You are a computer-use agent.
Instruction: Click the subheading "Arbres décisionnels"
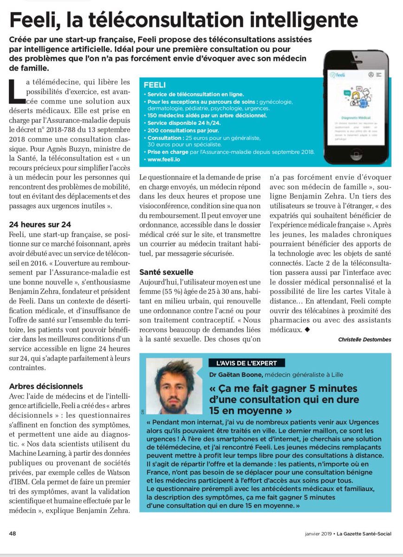(46, 386)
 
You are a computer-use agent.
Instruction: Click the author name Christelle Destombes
(364, 340)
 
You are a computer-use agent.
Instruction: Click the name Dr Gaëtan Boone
(235, 375)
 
